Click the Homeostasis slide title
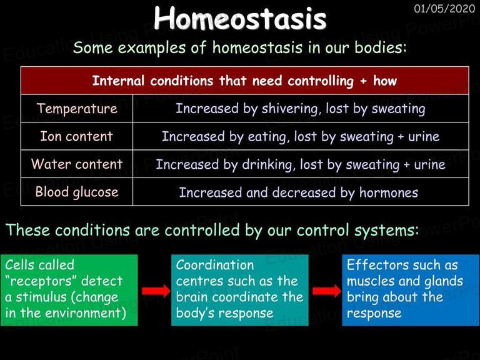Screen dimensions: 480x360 click(x=240, y=18)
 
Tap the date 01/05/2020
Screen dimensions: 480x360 click(x=444, y=9)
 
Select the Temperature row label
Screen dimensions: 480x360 click(x=77, y=109)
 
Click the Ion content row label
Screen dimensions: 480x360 click(x=77, y=136)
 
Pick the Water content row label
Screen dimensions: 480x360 click(x=77, y=164)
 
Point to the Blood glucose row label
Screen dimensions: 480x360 click(x=77, y=192)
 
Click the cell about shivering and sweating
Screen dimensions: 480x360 click(x=300, y=109)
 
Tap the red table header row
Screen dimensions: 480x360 click(x=244, y=81)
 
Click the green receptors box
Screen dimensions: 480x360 click(x=69, y=290)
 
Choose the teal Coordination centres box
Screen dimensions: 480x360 click(x=240, y=290)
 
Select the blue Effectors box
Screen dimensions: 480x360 click(x=411, y=290)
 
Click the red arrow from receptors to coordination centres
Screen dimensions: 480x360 click(x=156, y=291)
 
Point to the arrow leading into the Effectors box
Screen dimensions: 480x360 click(x=327, y=291)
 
